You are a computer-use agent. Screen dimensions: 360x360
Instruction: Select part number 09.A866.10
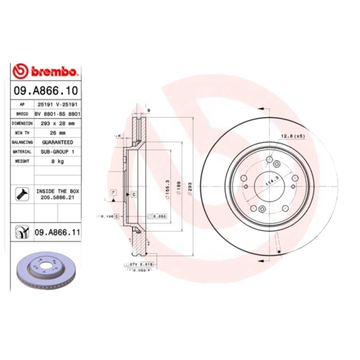pyautogui.click(x=45, y=90)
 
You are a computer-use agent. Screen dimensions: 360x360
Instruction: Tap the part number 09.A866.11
pyautogui.click(x=57, y=232)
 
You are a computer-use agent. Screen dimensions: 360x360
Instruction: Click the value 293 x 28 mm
pyautogui.click(x=57, y=123)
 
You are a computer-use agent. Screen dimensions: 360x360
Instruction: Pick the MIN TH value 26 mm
pyautogui.click(x=57, y=133)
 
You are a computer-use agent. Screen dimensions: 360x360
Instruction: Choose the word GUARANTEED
pyautogui.click(x=57, y=142)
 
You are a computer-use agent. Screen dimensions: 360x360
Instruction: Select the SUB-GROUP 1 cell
pyautogui.click(x=57, y=152)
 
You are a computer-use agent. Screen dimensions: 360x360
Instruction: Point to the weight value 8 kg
pyautogui.click(x=57, y=161)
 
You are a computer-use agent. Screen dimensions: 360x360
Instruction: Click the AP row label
pyautogui.click(x=22, y=104)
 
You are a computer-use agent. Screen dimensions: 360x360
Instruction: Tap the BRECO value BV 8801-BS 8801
pyautogui.click(x=57, y=113)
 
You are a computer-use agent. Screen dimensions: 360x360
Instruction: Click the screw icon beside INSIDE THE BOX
pyautogui.click(x=22, y=194)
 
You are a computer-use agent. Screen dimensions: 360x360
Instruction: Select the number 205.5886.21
pyautogui.click(x=57, y=197)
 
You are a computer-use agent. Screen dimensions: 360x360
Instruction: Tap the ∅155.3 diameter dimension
pyautogui.click(x=167, y=187)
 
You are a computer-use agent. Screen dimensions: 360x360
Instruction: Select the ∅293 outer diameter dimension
pyautogui.click(x=189, y=187)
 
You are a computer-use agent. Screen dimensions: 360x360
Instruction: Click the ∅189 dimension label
pyautogui.click(x=179, y=187)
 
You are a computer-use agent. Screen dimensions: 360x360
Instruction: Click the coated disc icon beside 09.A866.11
pyautogui.click(x=22, y=232)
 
